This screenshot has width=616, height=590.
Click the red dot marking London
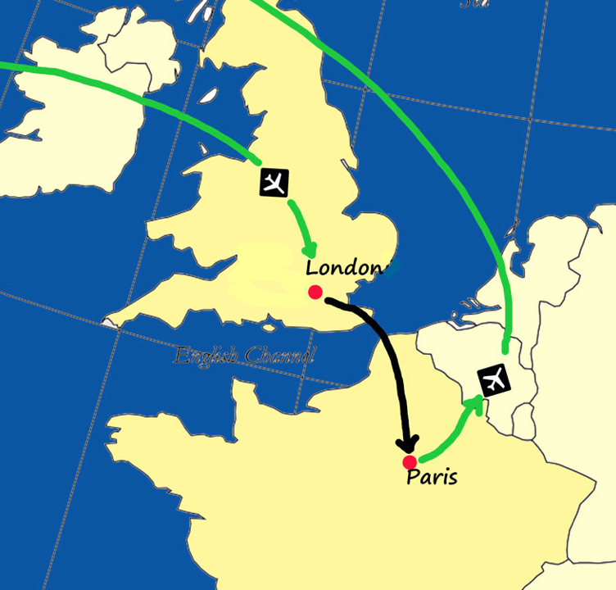tap(315, 292)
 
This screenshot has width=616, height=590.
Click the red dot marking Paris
tap(410, 462)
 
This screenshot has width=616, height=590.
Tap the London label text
tap(344, 268)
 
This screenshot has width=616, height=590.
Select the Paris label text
tap(432, 477)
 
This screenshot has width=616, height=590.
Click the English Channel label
tap(244, 356)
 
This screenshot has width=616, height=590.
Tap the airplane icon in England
tap(274, 182)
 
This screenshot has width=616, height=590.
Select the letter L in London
tap(312, 268)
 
